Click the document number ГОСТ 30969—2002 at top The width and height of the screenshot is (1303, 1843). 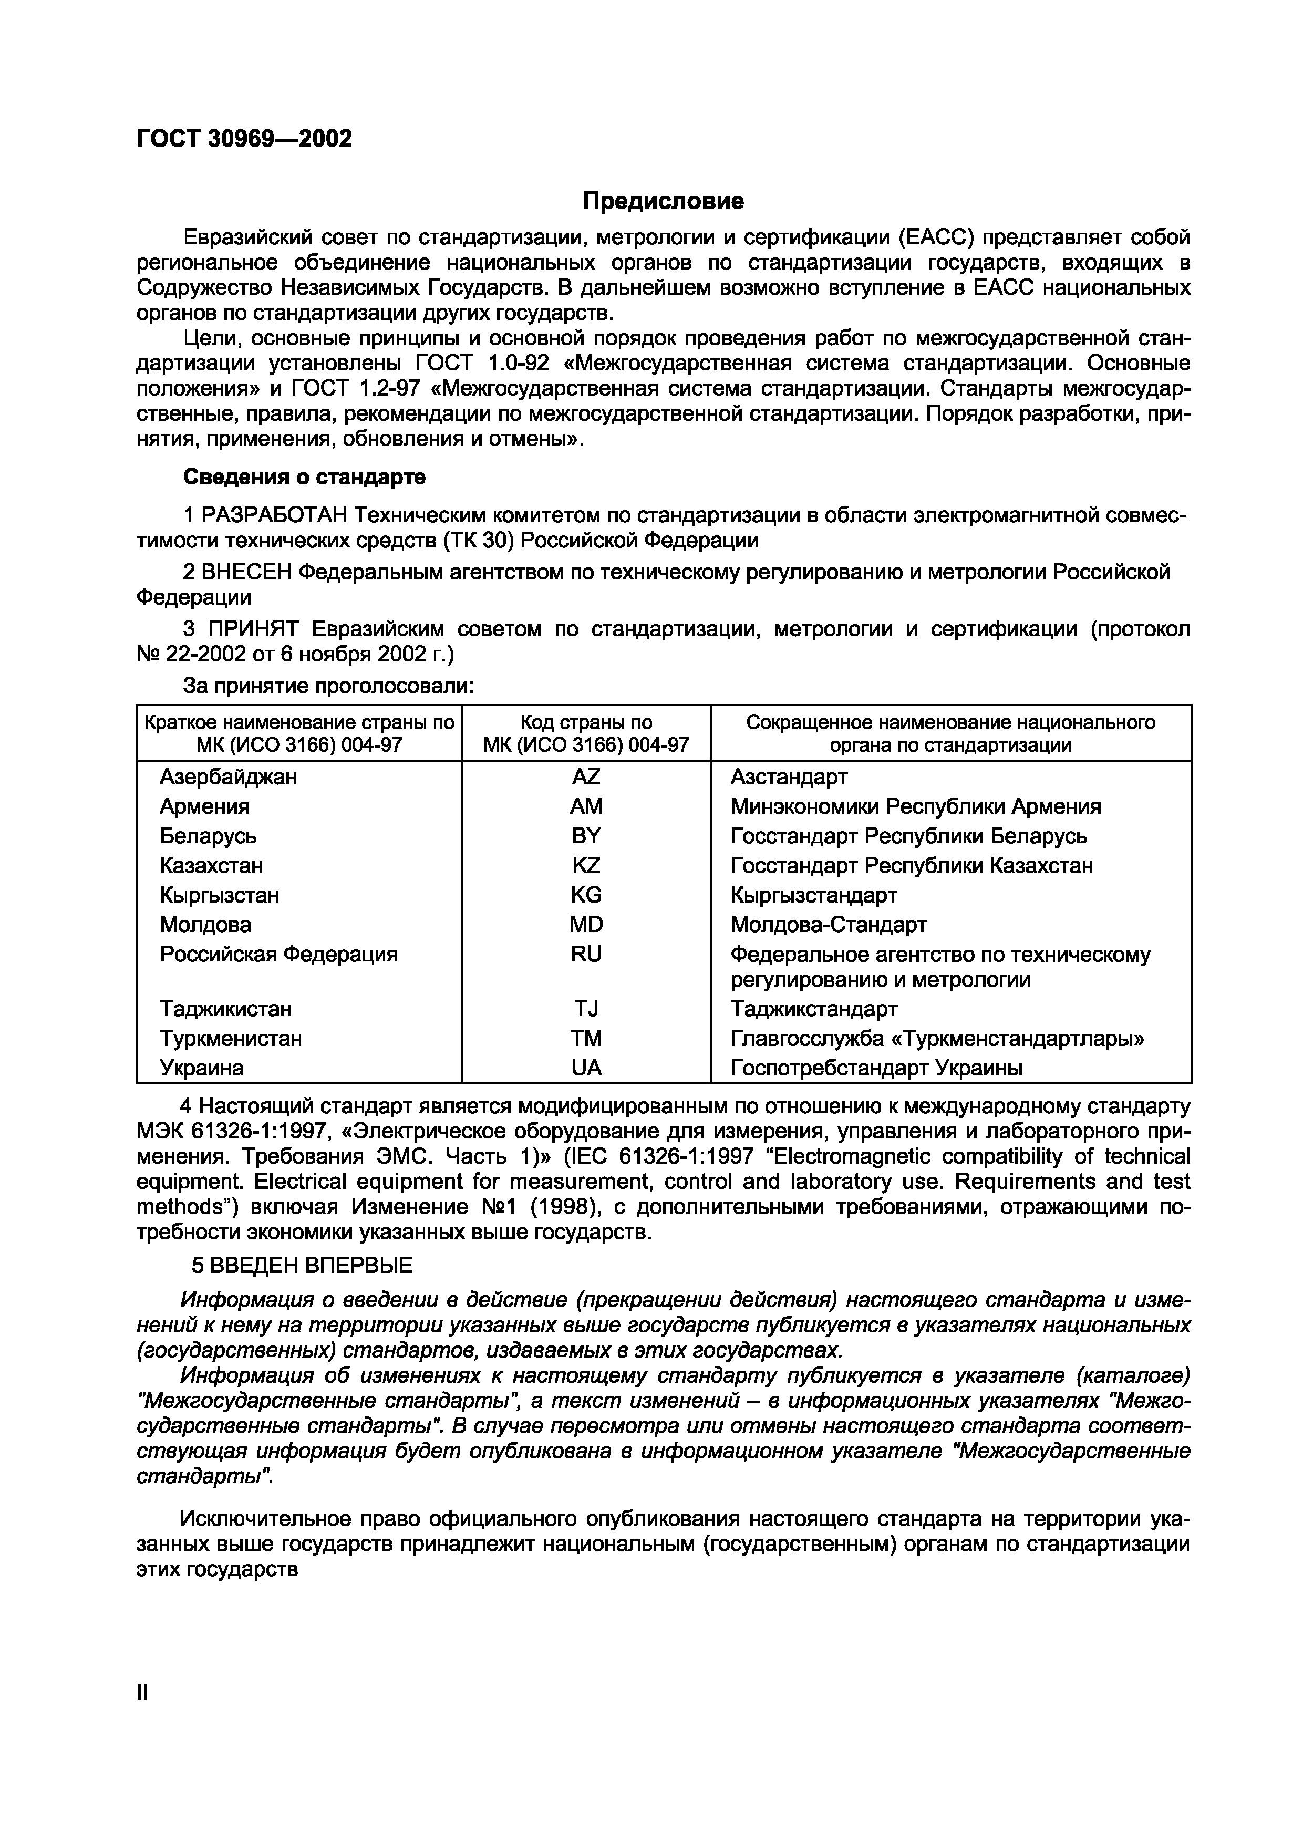coord(244,139)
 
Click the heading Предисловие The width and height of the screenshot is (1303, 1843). coord(663,201)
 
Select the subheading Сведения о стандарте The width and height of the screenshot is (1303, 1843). coord(304,477)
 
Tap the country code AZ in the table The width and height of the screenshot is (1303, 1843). coord(585,777)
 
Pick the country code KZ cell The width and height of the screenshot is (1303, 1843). coord(585,865)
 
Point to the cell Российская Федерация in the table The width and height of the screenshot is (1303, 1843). coord(278,955)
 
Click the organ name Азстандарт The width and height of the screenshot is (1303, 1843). coord(789,777)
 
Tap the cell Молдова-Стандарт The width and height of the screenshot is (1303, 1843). coord(829,925)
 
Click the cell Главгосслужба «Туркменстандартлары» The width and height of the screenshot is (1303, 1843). coord(937,1039)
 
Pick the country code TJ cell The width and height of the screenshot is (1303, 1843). coord(585,1009)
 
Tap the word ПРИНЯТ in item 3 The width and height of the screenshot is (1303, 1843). coord(248,629)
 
